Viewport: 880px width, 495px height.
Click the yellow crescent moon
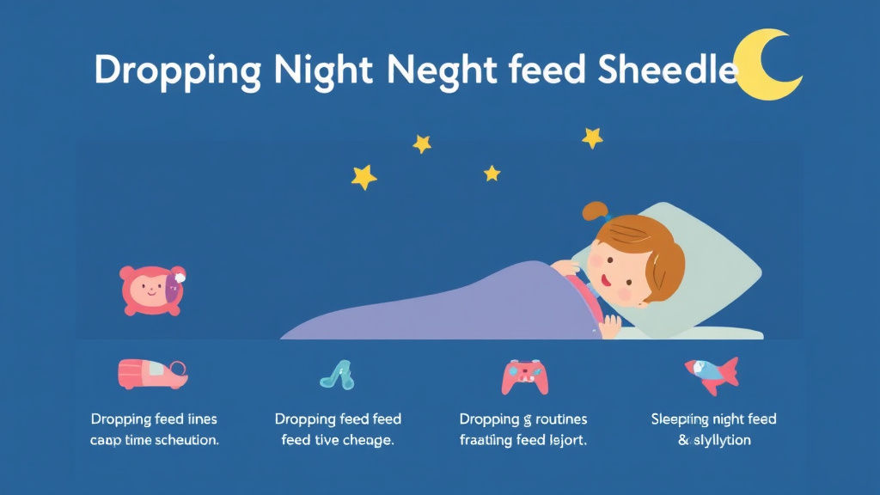767,67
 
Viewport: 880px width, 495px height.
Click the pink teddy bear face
152,290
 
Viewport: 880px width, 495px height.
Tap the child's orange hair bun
595,211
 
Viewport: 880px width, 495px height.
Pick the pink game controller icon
525,376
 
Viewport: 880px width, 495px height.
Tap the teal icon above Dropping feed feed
338,374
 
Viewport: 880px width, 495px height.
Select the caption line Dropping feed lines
154,419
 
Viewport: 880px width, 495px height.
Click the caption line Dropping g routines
523,419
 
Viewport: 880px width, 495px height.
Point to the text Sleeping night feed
713,419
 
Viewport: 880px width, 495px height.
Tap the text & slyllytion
714,440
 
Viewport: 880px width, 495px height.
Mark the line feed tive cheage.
338,440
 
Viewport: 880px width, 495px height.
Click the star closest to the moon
592,137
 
